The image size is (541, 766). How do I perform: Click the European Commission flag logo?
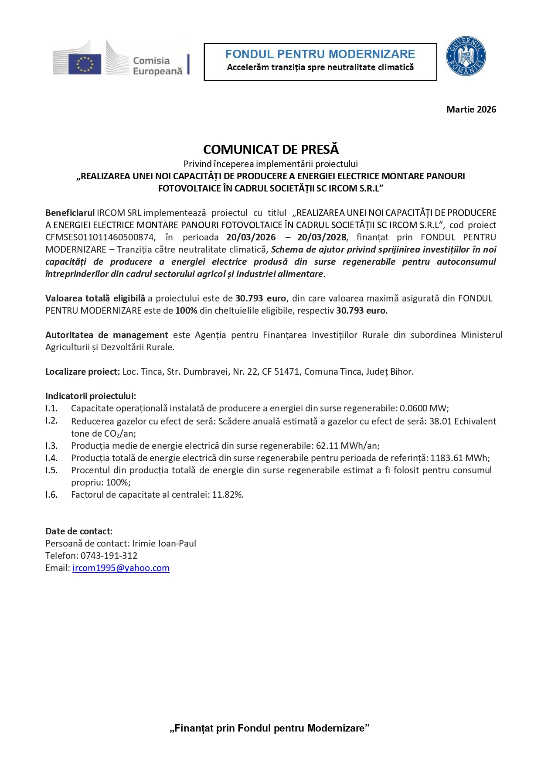[85, 64]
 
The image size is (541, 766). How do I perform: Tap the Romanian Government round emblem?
[466, 56]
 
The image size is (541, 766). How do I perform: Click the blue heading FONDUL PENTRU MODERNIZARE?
[320, 54]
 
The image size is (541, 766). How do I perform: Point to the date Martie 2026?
[471, 109]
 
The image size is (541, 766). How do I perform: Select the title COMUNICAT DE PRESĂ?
[271, 150]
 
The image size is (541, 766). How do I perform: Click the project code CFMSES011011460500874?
[100, 237]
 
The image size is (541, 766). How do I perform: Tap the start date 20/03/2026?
[251, 237]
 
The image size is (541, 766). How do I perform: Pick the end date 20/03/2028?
[322, 237]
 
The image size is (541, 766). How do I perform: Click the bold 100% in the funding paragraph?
[186, 311]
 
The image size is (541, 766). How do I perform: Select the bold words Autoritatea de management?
[106, 335]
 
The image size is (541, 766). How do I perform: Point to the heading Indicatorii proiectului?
[91, 396]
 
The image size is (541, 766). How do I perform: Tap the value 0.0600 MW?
[423, 408]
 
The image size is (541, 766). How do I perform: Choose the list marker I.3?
[51, 446]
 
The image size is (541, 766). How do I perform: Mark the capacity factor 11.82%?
[227, 495]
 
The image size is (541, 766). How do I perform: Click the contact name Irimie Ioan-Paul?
[164, 544]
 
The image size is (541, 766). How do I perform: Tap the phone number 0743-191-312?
[109, 556]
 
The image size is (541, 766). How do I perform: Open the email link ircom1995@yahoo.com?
[121, 568]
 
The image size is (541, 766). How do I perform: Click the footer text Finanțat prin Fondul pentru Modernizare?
[269, 728]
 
